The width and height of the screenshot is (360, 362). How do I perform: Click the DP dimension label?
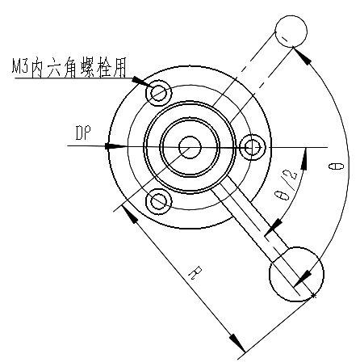pos(83,133)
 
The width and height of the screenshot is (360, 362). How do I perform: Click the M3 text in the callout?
pos(19,66)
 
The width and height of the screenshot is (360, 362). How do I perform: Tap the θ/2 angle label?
pos(285,185)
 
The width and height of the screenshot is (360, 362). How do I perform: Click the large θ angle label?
pos(337,166)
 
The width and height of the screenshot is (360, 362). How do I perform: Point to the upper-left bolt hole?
pos(158,93)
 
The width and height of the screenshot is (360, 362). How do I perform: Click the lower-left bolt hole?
pos(158,201)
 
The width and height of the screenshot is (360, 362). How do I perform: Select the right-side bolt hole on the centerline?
pos(253,148)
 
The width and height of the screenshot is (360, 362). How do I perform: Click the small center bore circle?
pos(190,147)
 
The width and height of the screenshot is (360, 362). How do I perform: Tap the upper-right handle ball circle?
pos(291,32)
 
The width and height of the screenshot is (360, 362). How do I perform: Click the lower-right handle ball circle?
pos(296,274)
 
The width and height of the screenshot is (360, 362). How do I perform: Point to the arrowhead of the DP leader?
pos(116,146)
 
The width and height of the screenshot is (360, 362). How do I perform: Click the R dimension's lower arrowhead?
pos(237,343)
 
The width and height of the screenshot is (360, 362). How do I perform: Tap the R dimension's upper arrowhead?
pos(130,214)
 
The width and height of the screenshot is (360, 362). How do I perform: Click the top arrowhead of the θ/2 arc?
pos(304,159)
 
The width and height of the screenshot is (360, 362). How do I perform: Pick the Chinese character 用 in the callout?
pos(119,67)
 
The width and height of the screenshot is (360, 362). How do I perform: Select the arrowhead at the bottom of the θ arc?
pos(302,279)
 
